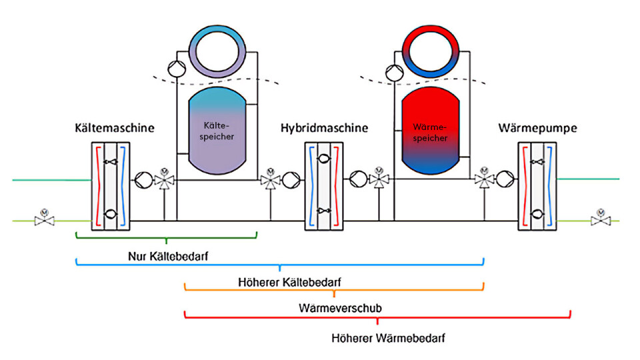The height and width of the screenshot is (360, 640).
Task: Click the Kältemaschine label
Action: (x=115, y=128)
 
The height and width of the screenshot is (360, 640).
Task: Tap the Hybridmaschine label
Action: (x=324, y=128)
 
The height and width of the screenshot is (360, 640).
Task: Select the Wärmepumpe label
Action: (x=531, y=128)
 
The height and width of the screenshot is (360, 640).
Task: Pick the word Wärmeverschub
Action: (x=340, y=309)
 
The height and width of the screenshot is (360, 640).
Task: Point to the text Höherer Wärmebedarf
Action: (x=388, y=338)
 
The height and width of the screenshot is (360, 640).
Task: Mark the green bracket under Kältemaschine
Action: (x=165, y=235)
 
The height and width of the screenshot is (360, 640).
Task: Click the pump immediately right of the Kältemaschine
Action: (x=143, y=179)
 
